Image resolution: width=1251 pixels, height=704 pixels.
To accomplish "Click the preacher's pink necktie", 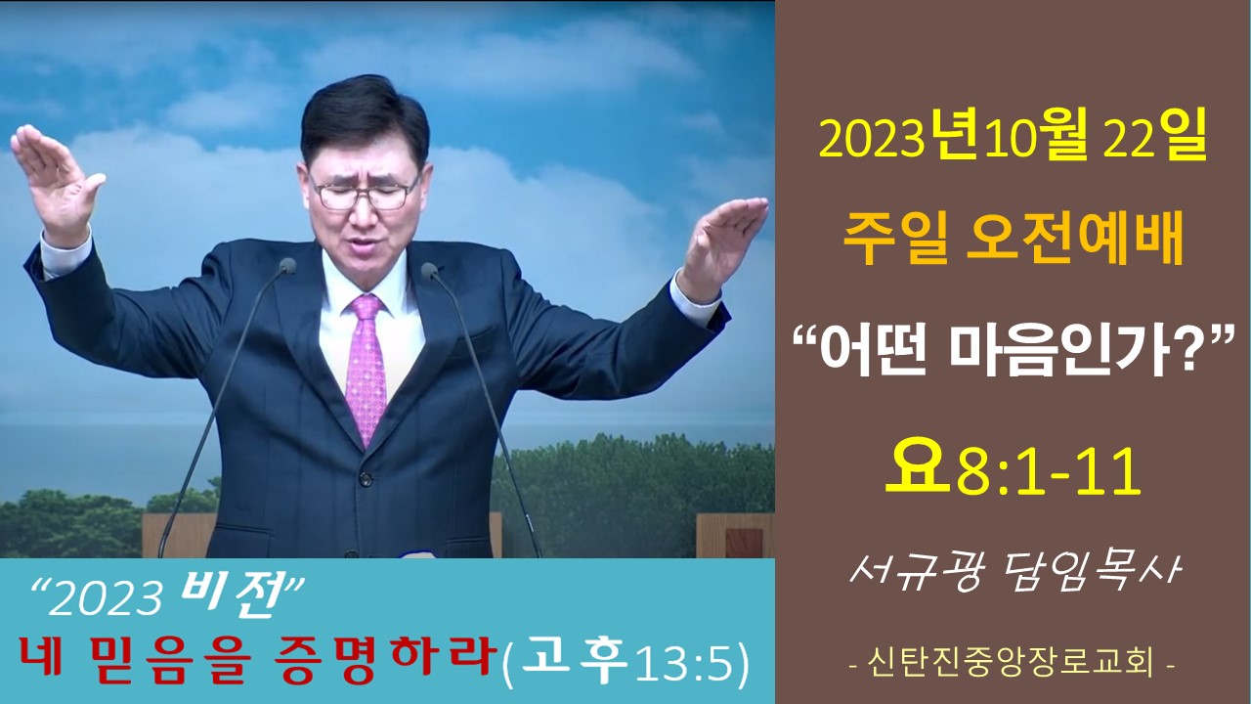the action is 366,369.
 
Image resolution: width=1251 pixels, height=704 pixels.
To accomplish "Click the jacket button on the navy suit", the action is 366,479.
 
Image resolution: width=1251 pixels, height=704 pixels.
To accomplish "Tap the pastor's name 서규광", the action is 915,573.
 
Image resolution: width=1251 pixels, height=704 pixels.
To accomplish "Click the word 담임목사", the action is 1088,573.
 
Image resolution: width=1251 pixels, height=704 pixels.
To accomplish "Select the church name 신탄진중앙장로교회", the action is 1012,663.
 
